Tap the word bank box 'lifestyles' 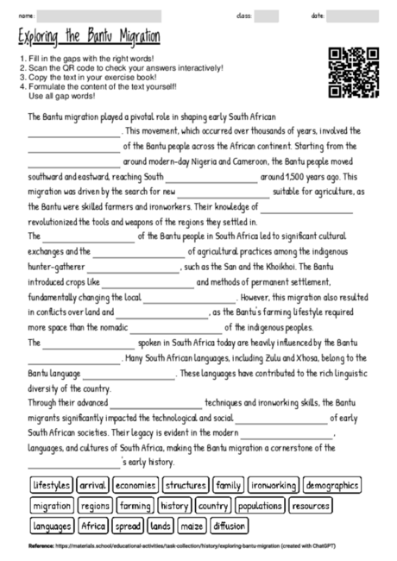[51, 485]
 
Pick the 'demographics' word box [332, 485]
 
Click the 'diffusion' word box [229, 525]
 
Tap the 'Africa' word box [93, 525]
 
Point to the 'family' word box [229, 485]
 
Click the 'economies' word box [134, 485]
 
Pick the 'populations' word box [260, 505]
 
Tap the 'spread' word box [128, 525]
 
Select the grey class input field [267, 16]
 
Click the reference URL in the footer [198, 547]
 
